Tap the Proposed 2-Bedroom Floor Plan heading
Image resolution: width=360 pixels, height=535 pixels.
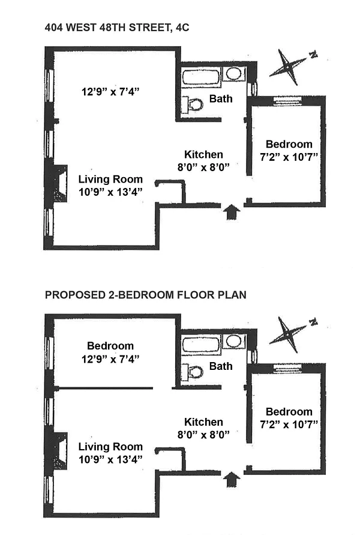tap(146, 295)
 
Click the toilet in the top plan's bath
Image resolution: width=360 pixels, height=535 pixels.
tap(193, 104)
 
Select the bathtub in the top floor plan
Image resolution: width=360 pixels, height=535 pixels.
tap(201, 76)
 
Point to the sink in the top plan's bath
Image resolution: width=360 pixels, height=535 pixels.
tap(233, 74)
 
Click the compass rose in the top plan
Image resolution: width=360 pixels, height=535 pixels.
tap(292, 67)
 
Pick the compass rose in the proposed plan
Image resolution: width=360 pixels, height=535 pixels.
tap(292, 334)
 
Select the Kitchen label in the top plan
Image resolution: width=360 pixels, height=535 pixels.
tap(203, 154)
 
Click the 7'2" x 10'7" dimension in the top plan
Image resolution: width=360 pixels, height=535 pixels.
tap(289, 157)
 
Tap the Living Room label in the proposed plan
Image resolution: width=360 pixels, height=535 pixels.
tap(110, 447)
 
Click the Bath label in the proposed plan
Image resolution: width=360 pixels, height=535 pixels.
tap(221, 366)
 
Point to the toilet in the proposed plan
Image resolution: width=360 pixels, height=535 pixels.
tap(193, 372)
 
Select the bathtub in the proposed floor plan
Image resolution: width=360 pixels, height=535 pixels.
tap(201, 345)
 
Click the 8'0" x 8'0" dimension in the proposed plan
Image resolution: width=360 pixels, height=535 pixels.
tap(203, 434)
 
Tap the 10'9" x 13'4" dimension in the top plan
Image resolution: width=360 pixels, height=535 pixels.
tap(110, 192)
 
